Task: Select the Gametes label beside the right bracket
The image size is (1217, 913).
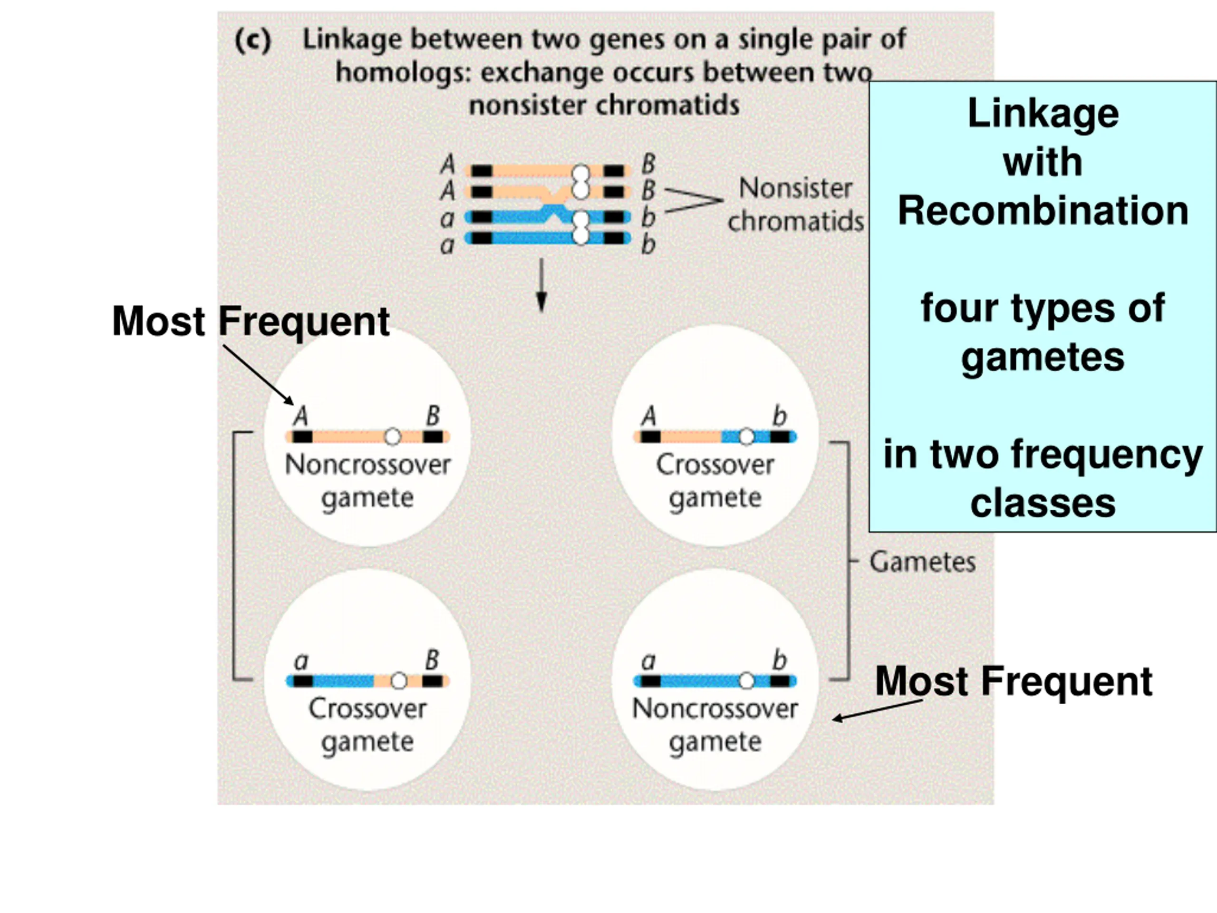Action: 922,562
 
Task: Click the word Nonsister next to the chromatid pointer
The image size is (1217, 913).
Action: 795,188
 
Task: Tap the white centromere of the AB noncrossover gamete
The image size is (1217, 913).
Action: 392,437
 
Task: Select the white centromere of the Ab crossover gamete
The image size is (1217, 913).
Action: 746,437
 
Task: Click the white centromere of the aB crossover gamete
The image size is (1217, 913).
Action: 399,681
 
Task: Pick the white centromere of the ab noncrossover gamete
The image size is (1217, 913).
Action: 746,681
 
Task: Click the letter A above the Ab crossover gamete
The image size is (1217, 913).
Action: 649,416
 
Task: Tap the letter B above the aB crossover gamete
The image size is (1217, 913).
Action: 433,660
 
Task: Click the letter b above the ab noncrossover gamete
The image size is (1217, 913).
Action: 780,660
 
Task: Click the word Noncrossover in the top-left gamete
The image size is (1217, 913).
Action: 367,465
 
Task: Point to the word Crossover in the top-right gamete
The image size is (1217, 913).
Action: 715,465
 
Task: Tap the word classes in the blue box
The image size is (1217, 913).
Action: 1043,503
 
